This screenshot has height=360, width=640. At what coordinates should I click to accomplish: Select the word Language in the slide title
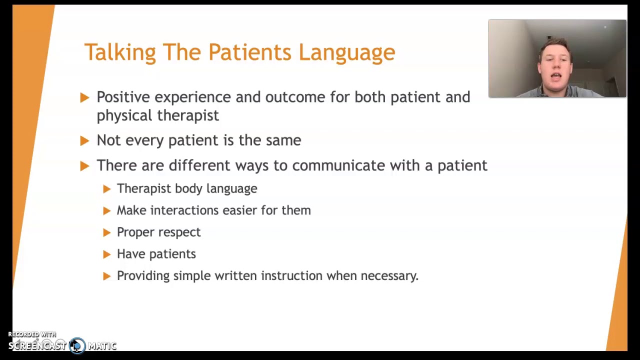click(x=346, y=52)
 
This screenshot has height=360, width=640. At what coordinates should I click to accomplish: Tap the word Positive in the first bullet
click(x=122, y=97)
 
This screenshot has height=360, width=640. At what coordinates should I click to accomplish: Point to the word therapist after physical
click(x=188, y=115)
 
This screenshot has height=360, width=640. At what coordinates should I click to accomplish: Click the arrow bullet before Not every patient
click(x=84, y=141)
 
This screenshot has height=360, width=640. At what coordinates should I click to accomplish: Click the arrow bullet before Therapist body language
click(x=106, y=189)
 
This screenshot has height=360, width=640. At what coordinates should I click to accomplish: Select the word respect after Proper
click(x=178, y=232)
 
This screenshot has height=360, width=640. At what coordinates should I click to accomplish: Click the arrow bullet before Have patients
click(x=106, y=254)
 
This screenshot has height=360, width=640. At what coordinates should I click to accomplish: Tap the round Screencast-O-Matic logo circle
click(x=77, y=345)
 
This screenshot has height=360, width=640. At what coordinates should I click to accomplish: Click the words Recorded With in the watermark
click(x=32, y=334)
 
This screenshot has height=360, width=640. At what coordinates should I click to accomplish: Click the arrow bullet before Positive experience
click(x=84, y=97)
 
